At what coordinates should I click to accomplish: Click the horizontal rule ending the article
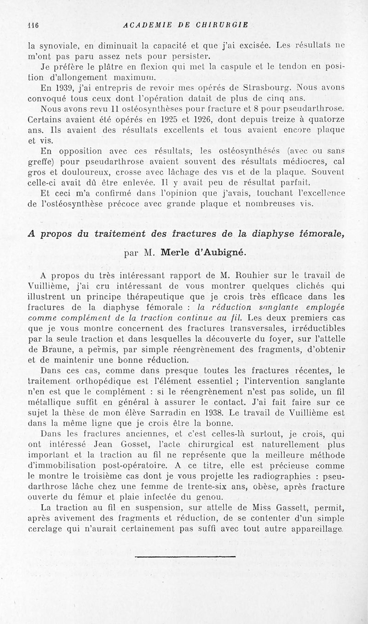185,557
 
